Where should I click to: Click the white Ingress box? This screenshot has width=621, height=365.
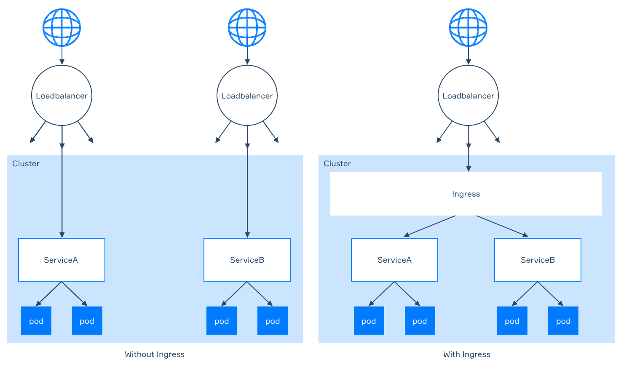(466, 194)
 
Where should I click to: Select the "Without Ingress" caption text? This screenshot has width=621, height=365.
(155, 354)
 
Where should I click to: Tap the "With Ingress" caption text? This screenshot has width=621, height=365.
(466, 354)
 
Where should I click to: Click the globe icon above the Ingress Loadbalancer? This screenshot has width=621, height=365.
(468, 27)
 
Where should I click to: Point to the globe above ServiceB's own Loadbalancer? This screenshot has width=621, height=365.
(247, 27)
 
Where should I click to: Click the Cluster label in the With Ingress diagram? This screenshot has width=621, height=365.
(337, 164)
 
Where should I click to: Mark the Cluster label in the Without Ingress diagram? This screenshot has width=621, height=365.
(26, 164)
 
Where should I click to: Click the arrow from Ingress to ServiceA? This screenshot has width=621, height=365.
(430, 226)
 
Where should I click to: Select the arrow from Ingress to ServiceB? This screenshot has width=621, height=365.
(502, 226)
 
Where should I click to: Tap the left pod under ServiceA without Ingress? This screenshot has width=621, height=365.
(36, 320)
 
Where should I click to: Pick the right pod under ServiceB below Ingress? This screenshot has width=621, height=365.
(563, 320)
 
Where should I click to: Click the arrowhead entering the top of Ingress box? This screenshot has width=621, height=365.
(468, 169)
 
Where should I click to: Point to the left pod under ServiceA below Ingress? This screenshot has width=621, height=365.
(369, 320)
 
